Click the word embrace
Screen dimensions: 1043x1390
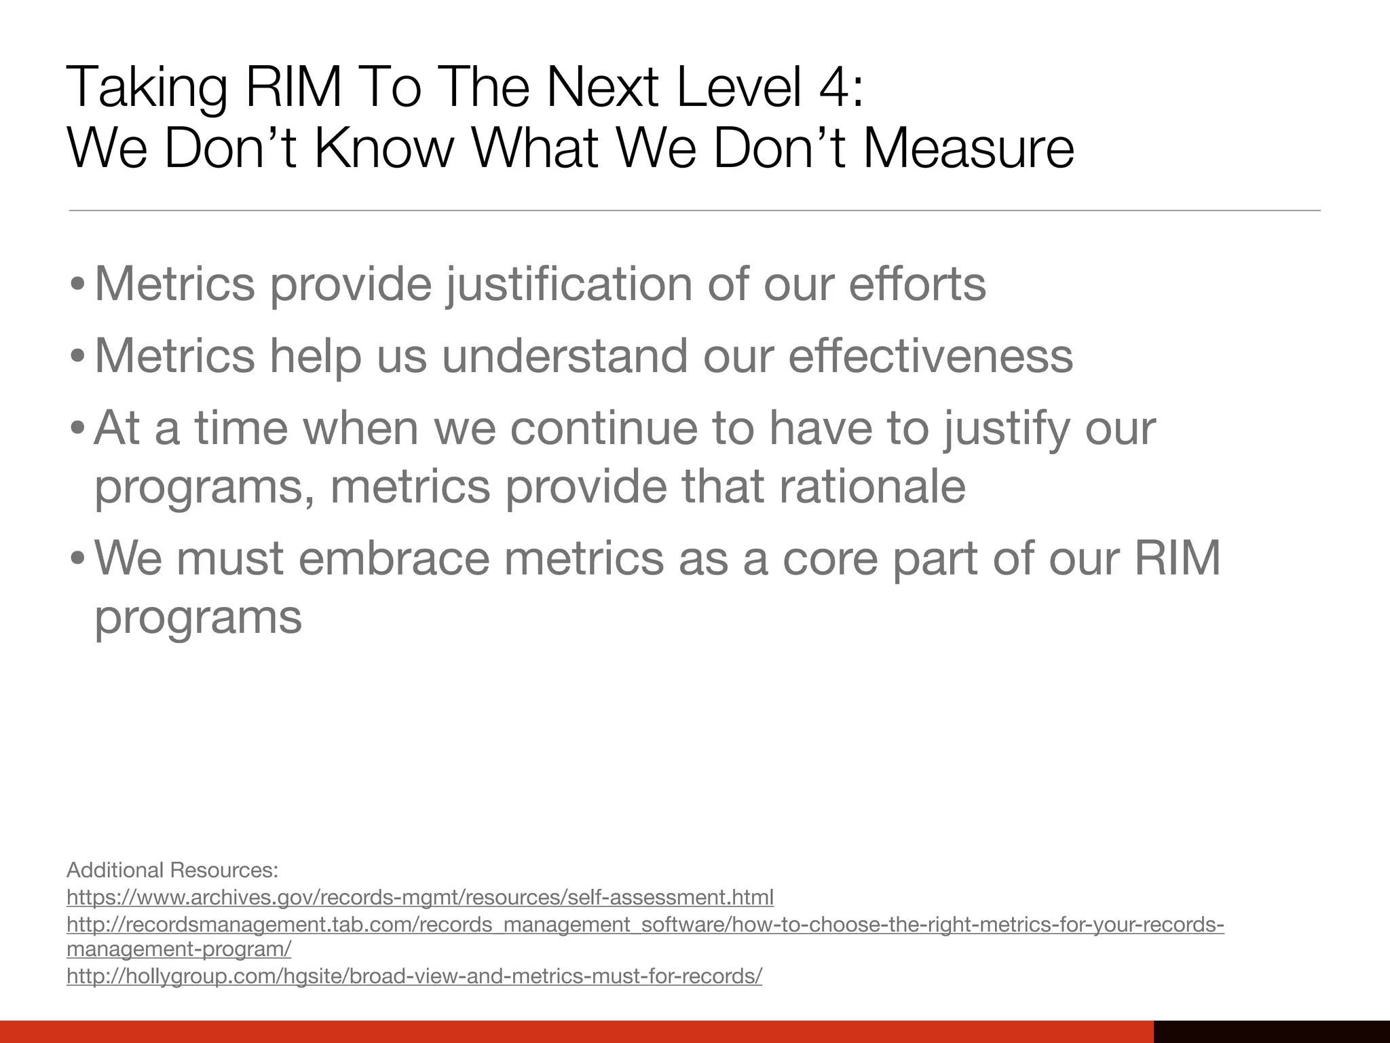(394, 558)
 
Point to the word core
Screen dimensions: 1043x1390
(830, 558)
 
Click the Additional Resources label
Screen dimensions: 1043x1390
(172, 870)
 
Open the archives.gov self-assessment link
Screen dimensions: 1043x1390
(419, 898)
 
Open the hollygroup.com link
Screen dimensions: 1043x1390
(414, 976)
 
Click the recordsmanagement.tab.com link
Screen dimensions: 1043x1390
(645, 925)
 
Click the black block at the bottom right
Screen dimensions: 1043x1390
(1271, 1031)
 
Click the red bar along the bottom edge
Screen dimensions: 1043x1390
(577, 1031)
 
